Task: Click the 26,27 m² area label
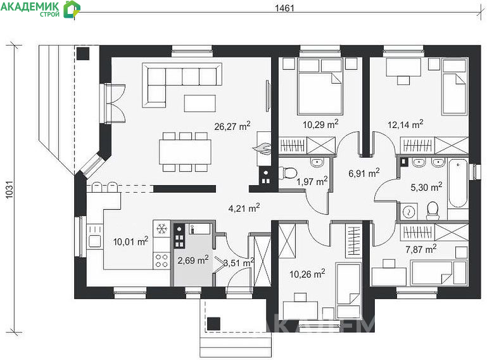(232, 126)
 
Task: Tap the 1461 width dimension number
(284, 8)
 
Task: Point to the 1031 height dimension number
(9, 190)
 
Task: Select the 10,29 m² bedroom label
(320, 124)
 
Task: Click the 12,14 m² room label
(405, 124)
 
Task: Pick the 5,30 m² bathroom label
(426, 187)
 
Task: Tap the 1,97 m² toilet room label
(312, 181)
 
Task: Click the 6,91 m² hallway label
(364, 172)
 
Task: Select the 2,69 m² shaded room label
(193, 260)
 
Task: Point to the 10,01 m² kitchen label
(130, 241)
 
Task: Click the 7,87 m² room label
(421, 248)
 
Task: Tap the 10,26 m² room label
(307, 274)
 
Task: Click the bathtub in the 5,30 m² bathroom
(458, 183)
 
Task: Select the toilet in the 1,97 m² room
(288, 172)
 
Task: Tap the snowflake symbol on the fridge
(161, 229)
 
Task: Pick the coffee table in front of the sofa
(199, 103)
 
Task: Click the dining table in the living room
(185, 151)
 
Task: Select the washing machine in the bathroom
(408, 212)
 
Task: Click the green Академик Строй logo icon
(72, 10)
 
